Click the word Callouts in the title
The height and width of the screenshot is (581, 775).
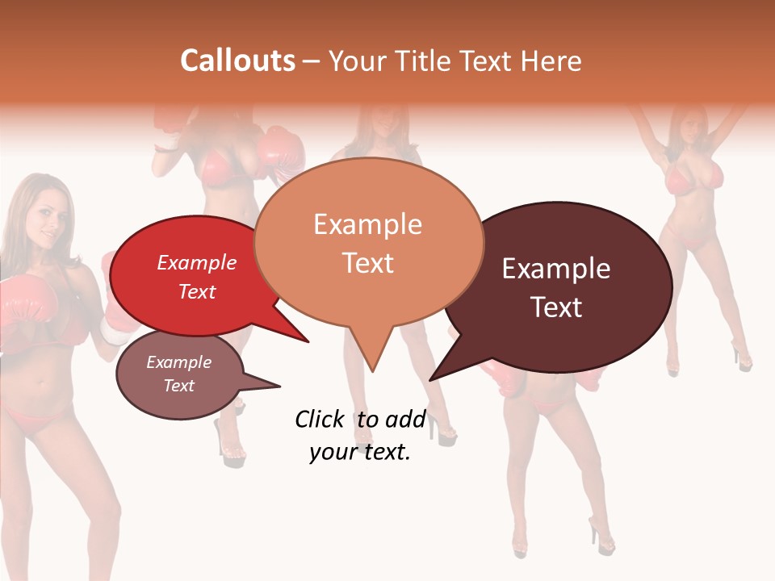(x=237, y=61)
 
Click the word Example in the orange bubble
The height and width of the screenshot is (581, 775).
(x=367, y=224)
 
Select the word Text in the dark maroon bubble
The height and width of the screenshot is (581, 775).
(x=556, y=307)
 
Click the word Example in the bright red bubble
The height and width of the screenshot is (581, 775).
(x=197, y=262)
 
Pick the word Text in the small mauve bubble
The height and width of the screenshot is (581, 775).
(x=179, y=386)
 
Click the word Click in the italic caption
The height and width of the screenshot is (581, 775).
(x=319, y=419)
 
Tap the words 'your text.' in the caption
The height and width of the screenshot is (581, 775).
(x=360, y=452)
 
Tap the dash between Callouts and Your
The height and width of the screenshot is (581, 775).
(x=312, y=61)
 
